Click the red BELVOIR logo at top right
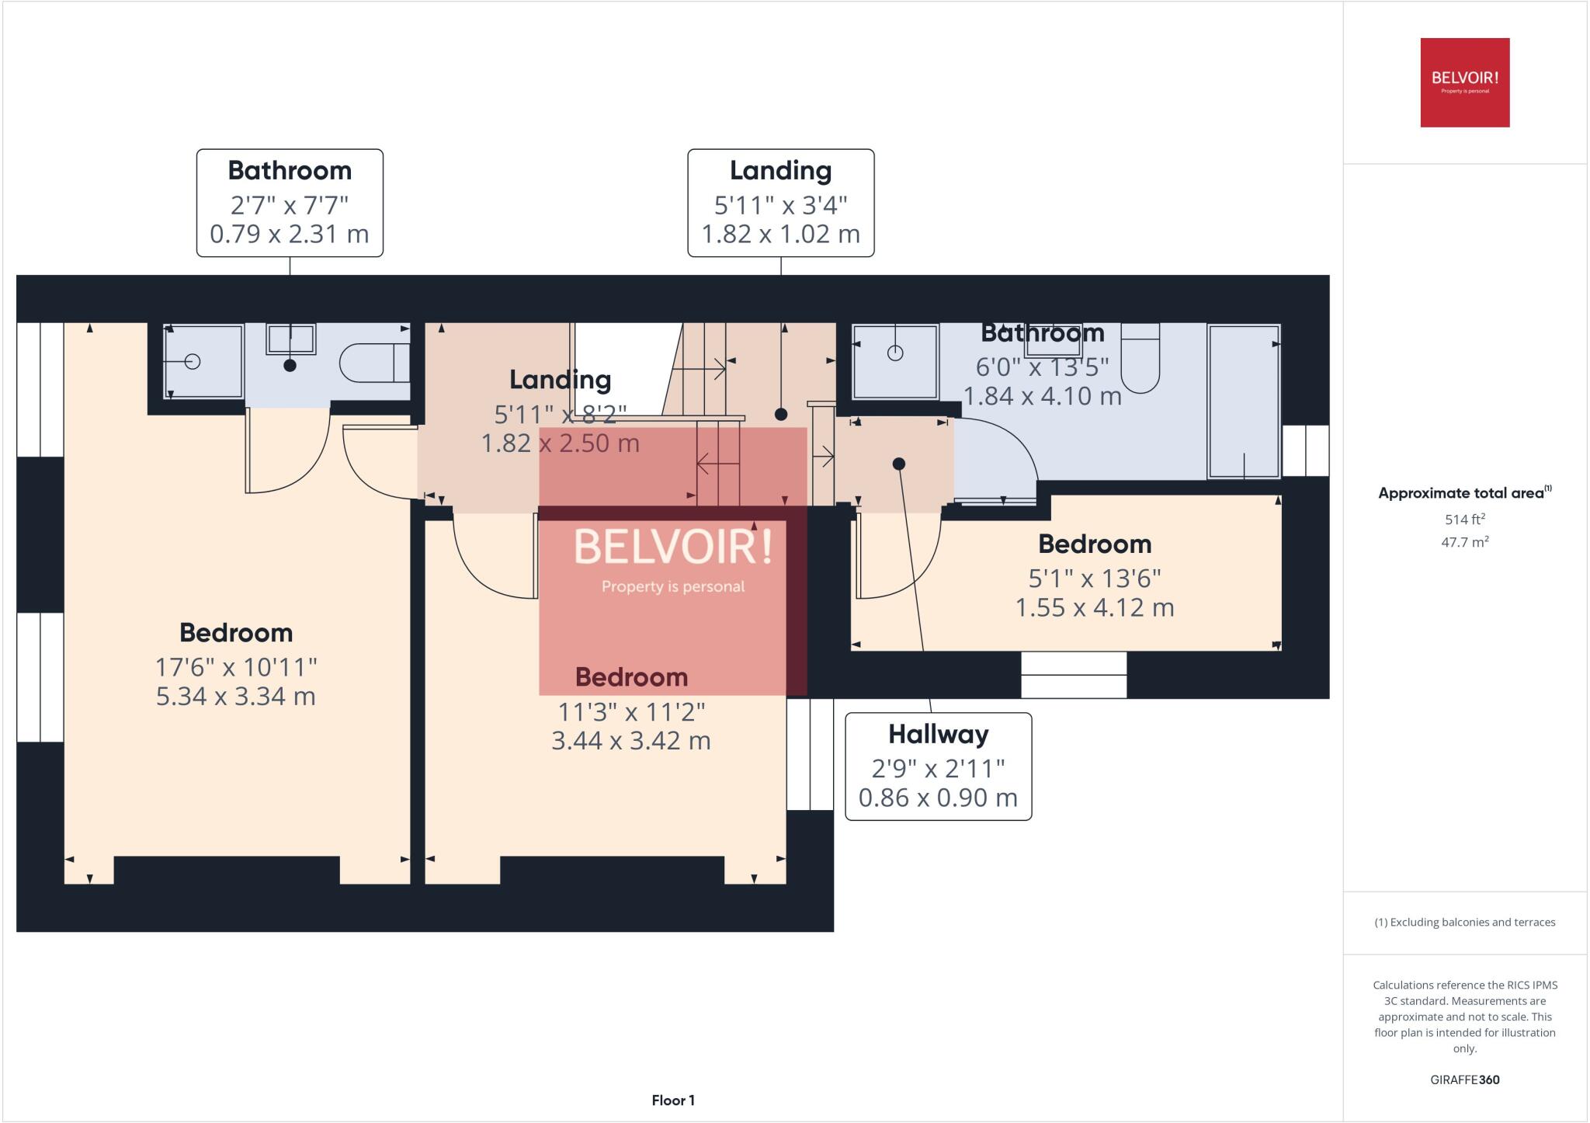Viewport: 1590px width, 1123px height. (x=1464, y=82)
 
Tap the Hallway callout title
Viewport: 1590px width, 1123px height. (x=938, y=734)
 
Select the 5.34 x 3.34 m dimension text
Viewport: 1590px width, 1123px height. (x=236, y=696)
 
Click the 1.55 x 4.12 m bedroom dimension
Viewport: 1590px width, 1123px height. (x=1095, y=607)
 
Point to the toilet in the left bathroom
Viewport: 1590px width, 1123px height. (x=373, y=362)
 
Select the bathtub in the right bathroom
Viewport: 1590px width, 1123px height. (x=1243, y=401)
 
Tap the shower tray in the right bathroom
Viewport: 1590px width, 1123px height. (x=894, y=362)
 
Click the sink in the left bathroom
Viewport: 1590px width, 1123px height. (x=290, y=339)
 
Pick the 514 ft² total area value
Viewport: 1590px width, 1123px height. (x=1464, y=520)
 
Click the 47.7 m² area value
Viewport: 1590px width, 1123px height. (x=1464, y=542)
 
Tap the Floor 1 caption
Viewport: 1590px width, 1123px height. (x=673, y=1100)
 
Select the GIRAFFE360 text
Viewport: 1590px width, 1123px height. (x=1464, y=1080)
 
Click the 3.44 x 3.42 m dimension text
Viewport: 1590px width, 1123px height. (x=630, y=741)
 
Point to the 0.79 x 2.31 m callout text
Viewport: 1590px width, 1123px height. (x=290, y=234)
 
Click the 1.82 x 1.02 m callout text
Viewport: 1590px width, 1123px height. (x=780, y=234)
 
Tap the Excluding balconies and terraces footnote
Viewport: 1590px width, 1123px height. (x=1464, y=923)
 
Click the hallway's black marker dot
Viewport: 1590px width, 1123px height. (x=898, y=464)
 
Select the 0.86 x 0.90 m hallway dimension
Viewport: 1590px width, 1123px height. (x=938, y=798)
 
